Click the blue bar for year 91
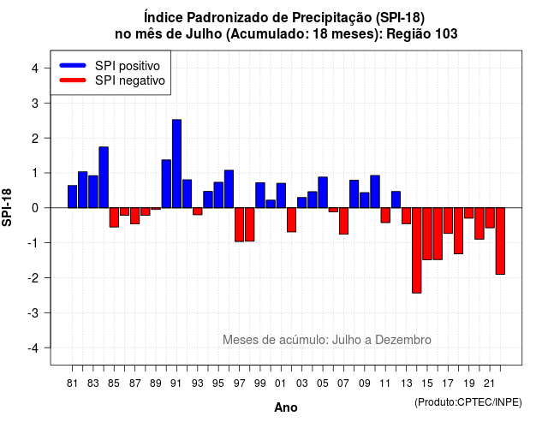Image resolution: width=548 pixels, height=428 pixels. pos(177,163)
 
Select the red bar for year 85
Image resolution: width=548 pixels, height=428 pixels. pos(114,217)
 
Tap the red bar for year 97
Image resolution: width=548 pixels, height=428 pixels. pos(240,224)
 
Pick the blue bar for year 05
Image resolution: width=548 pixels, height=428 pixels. pos(323,193)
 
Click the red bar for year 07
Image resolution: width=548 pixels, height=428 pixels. pos(344,221)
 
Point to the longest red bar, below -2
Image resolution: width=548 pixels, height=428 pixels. pos(417,250)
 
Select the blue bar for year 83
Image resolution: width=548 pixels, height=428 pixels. pos(93,192)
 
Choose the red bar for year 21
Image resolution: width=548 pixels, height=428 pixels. pos(490,217)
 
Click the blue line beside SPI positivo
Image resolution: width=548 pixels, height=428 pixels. pos(73,65)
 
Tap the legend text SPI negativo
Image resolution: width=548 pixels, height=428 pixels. pos(130,80)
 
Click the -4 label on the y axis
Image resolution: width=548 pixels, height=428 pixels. pos(33,348)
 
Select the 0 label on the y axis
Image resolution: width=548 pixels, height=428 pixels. pos(35,208)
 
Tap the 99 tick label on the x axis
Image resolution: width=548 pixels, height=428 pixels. pos(260,383)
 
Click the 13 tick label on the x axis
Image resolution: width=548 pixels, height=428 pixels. pos(407,383)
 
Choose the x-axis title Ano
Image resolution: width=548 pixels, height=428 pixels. pos(286,407)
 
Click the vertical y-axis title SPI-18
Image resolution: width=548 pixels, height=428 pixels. pos(7,207)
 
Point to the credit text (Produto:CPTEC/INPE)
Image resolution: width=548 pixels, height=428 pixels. pos(468,402)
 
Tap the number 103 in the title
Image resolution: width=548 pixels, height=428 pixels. pos(446,34)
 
